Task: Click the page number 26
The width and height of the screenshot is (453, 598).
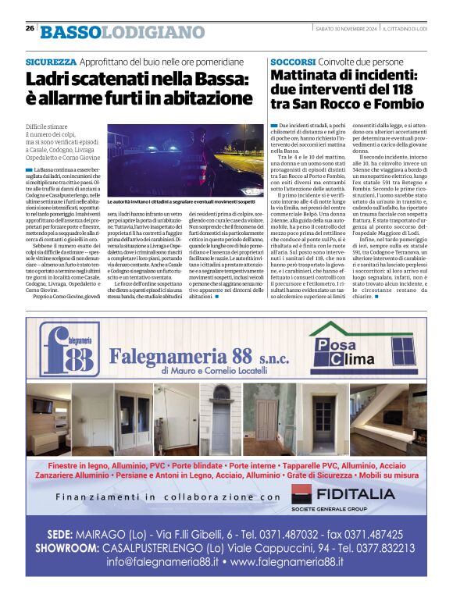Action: (30, 29)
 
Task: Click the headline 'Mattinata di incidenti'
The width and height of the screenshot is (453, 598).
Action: (347, 89)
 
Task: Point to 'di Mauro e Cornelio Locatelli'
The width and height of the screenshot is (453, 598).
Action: (216, 372)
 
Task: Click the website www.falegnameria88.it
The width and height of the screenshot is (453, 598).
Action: (287, 561)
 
